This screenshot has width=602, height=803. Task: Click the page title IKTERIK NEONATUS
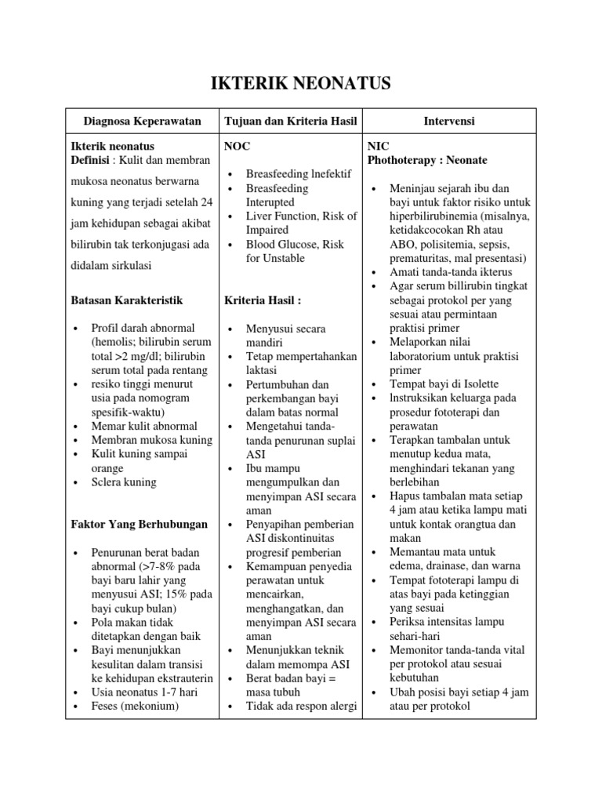(x=301, y=84)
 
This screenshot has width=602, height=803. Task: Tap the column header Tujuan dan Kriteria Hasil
(x=290, y=121)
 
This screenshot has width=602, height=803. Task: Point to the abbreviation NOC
(x=238, y=146)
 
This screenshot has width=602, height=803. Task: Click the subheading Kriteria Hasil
(x=263, y=300)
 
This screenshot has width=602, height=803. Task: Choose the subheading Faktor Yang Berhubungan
(x=140, y=524)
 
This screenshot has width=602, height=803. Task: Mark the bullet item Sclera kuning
(x=124, y=482)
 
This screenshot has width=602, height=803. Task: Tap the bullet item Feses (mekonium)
(x=136, y=706)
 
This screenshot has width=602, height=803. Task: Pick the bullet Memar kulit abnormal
(x=144, y=426)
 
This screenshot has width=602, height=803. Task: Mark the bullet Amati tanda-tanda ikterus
(x=447, y=271)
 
